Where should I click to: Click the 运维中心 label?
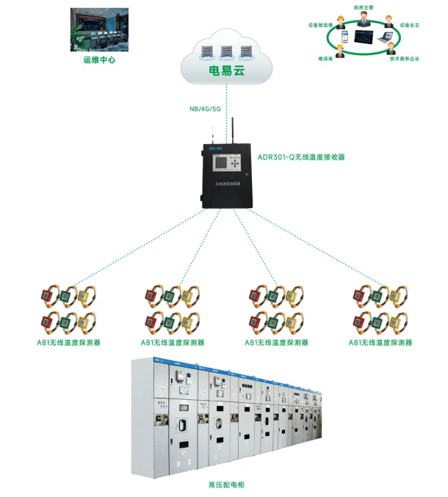tap(99, 60)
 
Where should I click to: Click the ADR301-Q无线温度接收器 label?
tap(301, 157)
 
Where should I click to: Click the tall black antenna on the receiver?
tap(233, 130)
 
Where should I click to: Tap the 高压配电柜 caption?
tap(226, 485)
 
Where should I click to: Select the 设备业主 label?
tap(409, 24)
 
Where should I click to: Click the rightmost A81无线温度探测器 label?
tap(380, 343)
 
